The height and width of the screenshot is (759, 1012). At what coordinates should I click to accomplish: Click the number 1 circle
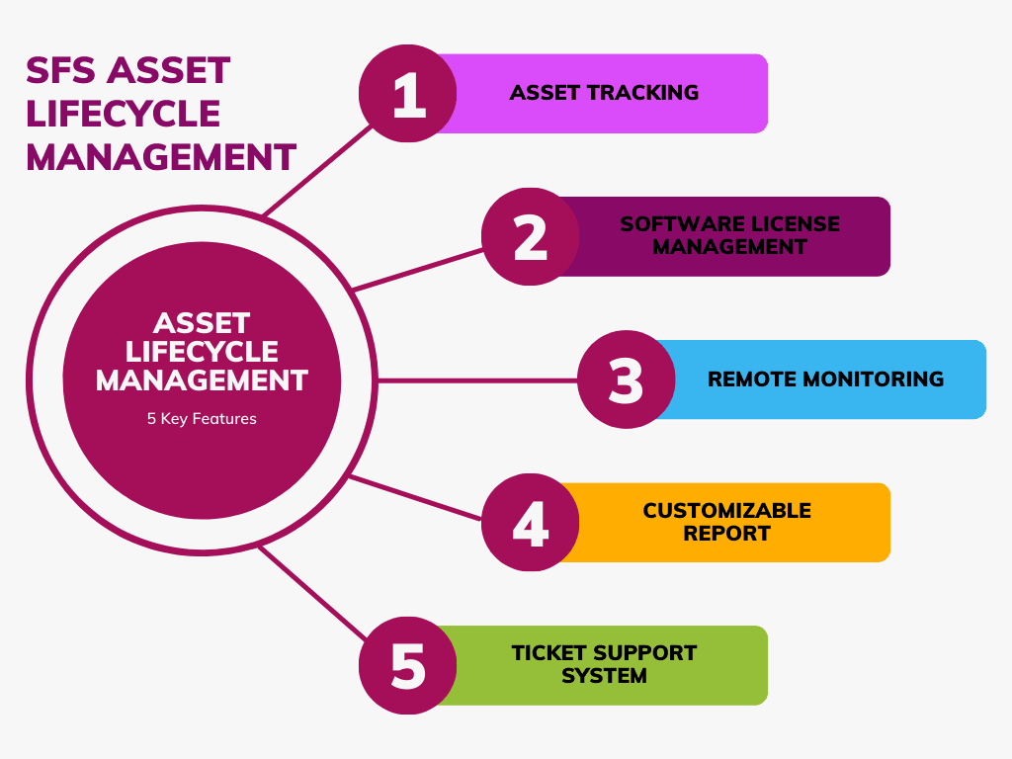click(407, 94)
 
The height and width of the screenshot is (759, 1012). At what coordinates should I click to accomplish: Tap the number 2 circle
click(531, 237)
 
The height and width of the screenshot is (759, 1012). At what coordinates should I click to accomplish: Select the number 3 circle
click(626, 379)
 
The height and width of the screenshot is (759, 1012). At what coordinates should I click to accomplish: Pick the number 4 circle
click(531, 523)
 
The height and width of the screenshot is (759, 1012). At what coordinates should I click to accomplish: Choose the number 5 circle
click(407, 665)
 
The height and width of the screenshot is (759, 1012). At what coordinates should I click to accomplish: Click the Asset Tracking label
click(604, 93)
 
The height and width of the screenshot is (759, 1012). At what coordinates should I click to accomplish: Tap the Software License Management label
click(729, 235)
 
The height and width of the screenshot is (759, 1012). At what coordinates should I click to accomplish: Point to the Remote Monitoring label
click(825, 379)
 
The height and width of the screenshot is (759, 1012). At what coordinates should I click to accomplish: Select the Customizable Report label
click(726, 522)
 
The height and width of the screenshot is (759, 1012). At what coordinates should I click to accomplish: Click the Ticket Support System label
click(604, 664)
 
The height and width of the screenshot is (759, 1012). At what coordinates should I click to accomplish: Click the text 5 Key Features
click(202, 419)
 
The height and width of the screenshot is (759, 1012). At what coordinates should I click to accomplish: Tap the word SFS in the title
click(61, 71)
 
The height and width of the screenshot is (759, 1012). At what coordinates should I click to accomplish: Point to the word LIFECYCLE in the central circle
click(202, 352)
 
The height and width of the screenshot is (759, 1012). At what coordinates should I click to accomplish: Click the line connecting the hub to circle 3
click(474, 379)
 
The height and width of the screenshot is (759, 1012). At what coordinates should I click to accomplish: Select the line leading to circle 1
click(318, 170)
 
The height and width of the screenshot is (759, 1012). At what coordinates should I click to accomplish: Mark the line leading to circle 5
click(311, 592)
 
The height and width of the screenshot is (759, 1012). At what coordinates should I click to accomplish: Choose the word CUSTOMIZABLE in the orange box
click(726, 511)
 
